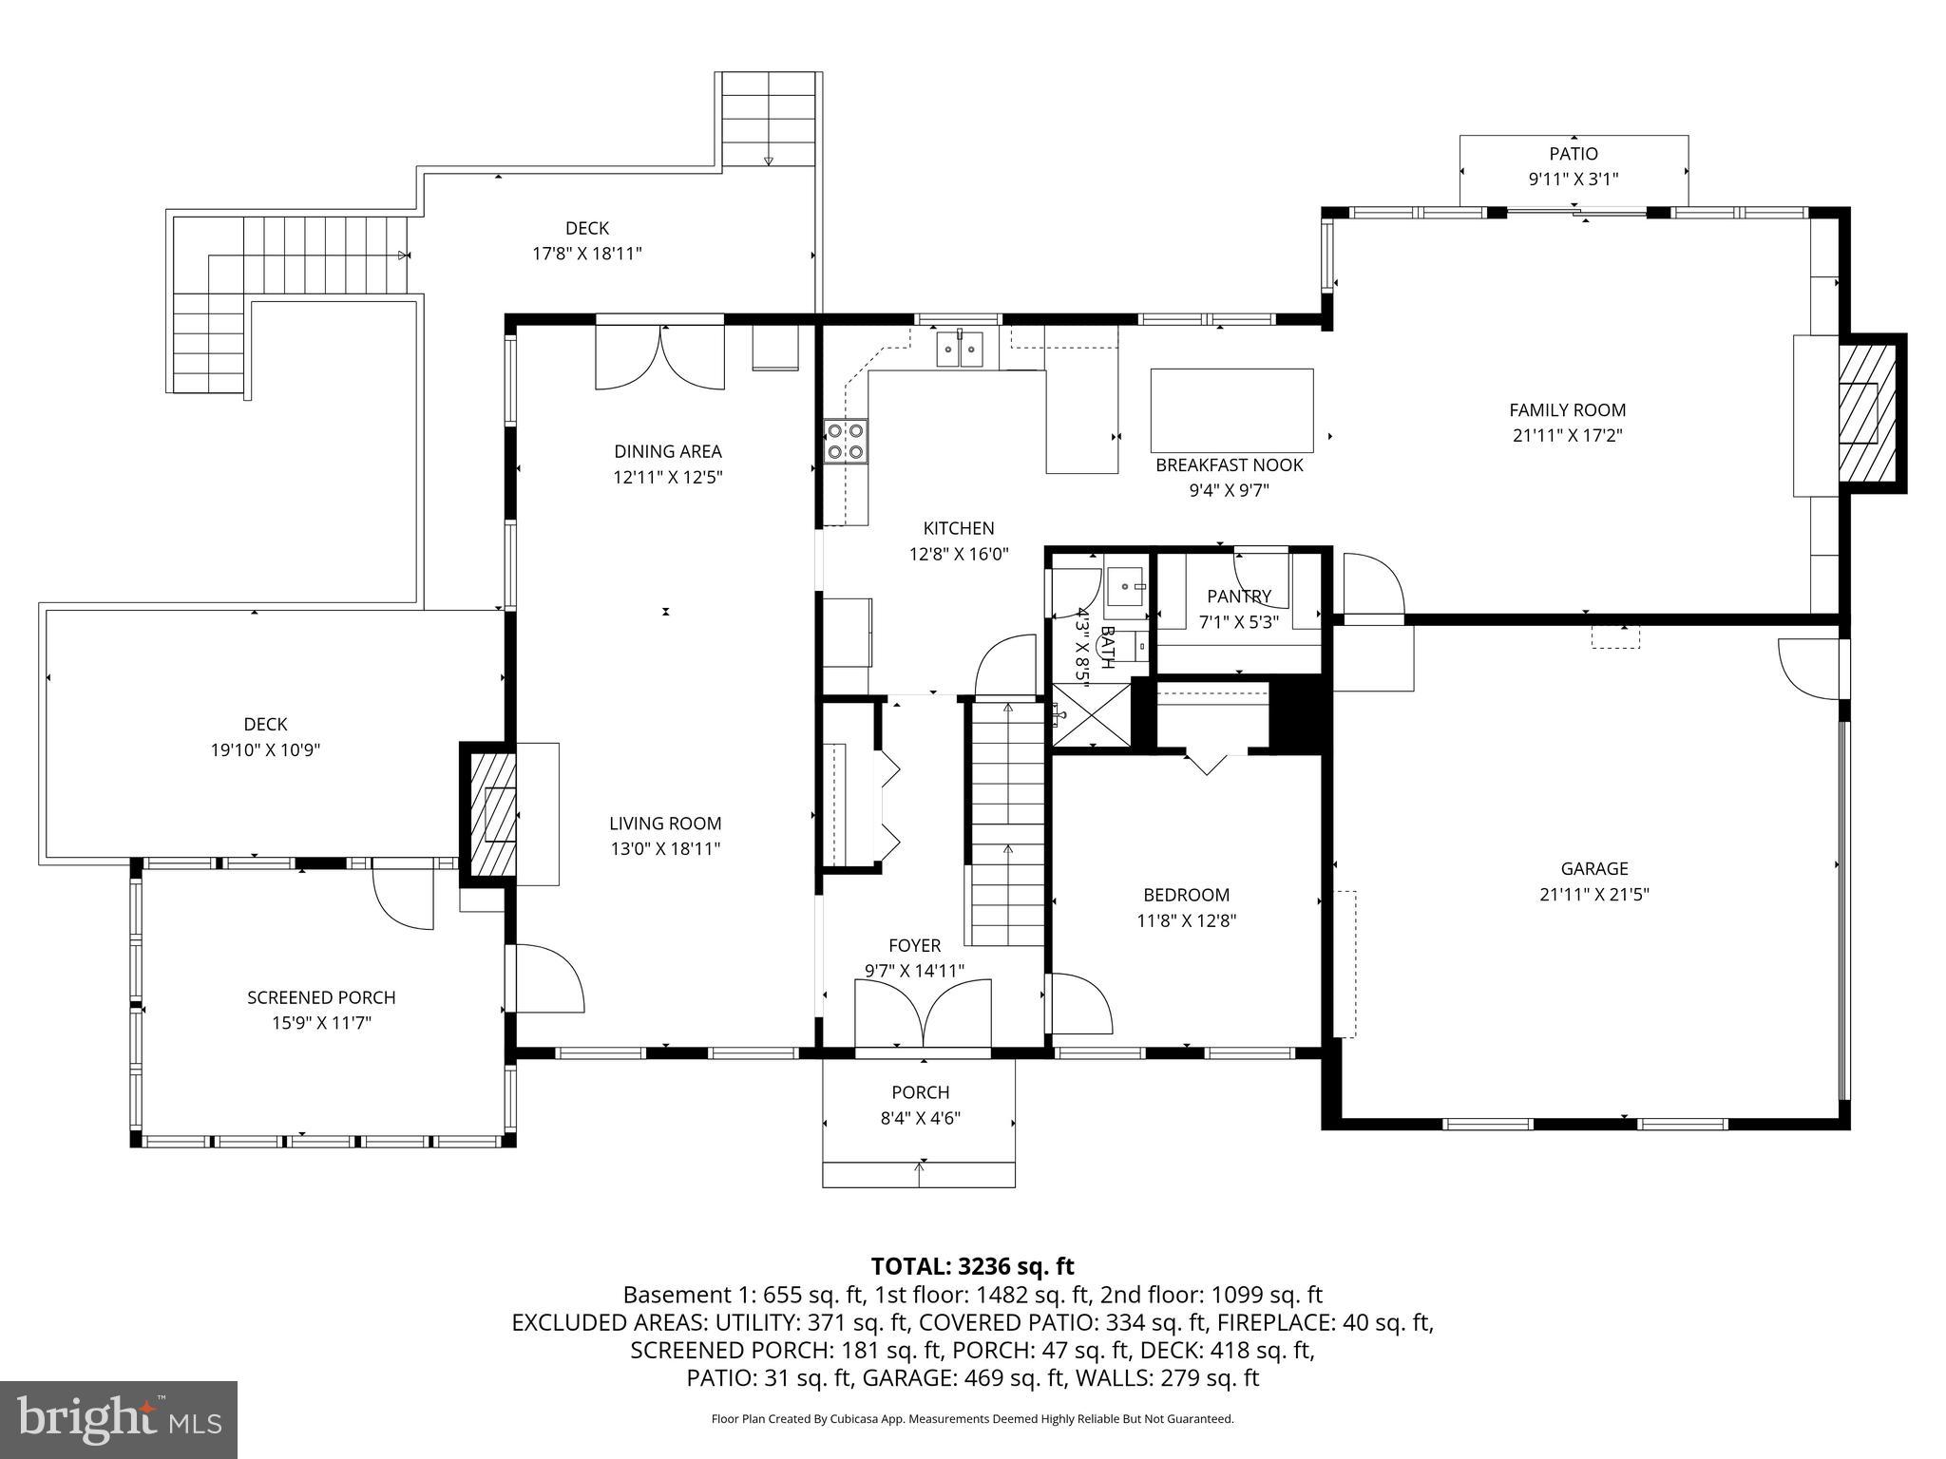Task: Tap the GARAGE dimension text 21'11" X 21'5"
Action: pos(1593,894)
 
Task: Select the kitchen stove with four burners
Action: pos(846,441)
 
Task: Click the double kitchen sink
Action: pos(959,349)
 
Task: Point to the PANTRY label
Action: pos(1238,597)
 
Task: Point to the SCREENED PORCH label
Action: pos(321,997)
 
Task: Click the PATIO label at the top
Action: pos(1574,154)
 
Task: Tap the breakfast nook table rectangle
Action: pos(1231,410)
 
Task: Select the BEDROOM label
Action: pos(1186,895)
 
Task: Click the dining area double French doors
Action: pos(660,357)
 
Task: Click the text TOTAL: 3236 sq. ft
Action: pos(972,1266)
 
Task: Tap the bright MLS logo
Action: pos(118,1419)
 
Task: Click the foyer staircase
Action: pos(1007,822)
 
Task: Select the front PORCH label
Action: pos(920,1092)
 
